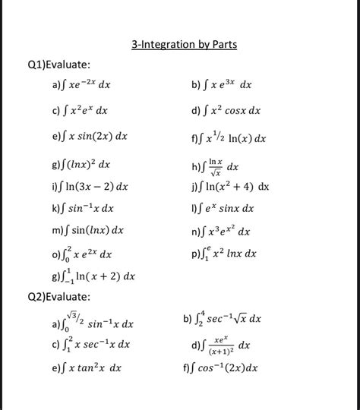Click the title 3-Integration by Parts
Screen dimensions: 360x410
pos(184,45)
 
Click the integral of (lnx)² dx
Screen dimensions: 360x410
pos(81,164)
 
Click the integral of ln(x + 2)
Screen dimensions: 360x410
pos(93,276)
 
